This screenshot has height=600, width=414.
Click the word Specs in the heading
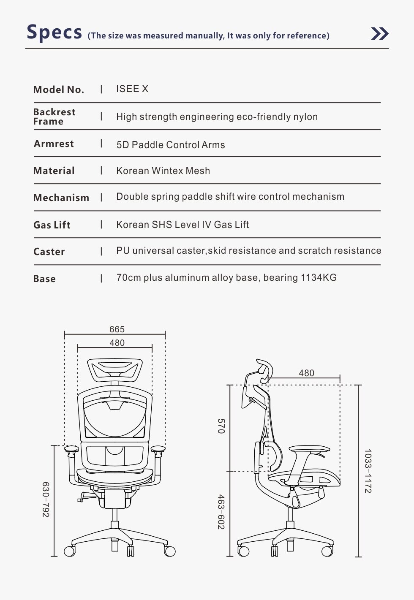(x=54, y=33)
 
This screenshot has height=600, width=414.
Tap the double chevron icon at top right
(x=379, y=34)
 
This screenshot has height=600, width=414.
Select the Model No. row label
(x=59, y=90)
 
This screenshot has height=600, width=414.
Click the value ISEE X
(x=132, y=89)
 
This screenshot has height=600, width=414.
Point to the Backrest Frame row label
(x=54, y=117)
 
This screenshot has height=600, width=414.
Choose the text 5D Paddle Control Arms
(x=171, y=145)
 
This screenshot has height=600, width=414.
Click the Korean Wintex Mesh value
(x=163, y=171)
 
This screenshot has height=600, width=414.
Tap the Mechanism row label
(x=61, y=198)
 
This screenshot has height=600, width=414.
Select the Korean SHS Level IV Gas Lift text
(x=182, y=225)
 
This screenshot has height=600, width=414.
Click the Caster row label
(x=49, y=252)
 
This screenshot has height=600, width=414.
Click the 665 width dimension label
(x=117, y=329)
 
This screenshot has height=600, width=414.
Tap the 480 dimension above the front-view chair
(x=117, y=343)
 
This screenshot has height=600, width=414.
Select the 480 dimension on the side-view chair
(x=306, y=373)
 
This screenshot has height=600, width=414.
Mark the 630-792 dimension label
(x=46, y=500)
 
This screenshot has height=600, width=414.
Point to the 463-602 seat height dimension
(x=221, y=512)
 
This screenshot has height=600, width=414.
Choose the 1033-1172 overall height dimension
(x=368, y=471)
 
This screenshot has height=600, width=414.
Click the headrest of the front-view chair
(x=114, y=368)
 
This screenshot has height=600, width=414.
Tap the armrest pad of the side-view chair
(x=309, y=448)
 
